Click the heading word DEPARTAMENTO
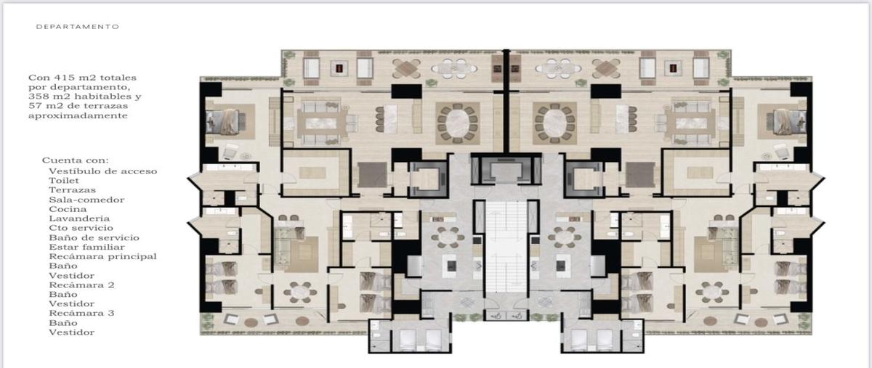point(78,27)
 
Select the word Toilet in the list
point(64,181)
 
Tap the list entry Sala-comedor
point(86,200)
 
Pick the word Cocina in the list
point(68,209)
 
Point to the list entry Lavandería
point(79,218)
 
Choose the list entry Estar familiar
point(86,247)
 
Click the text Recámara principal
point(102,257)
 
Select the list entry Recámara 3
point(81,313)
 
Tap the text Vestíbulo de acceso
point(103,171)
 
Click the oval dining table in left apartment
point(457,123)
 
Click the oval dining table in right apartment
point(554,123)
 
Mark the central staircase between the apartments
point(506,247)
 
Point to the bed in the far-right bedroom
point(789,121)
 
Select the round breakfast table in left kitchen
point(448,237)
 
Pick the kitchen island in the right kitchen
point(561,266)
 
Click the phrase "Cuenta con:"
point(76,160)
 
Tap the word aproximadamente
point(78,115)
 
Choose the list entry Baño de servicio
point(94,237)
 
